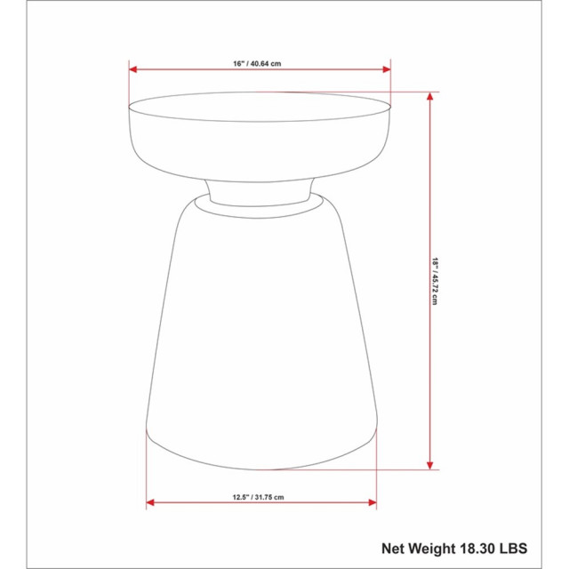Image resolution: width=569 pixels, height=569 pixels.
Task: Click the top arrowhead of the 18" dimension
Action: (x=430, y=94)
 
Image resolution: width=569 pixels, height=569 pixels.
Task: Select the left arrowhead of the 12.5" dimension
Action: (x=150, y=502)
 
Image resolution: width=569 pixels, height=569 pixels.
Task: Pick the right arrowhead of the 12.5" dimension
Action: (x=372, y=502)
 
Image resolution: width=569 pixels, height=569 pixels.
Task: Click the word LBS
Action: (x=522, y=548)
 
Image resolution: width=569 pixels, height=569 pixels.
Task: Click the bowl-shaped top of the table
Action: (x=260, y=142)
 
